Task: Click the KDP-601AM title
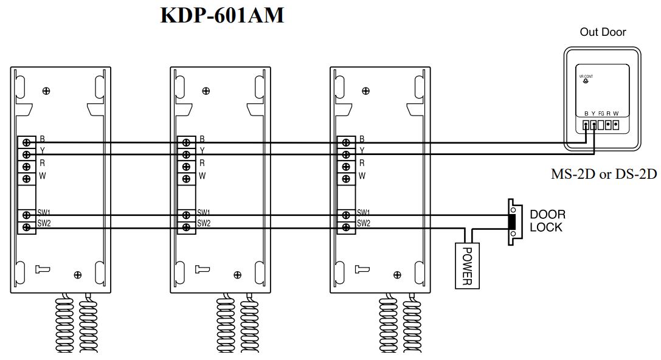click(222, 16)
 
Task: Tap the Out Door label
click(603, 32)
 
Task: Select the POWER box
click(467, 265)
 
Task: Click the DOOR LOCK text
click(547, 221)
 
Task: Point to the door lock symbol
click(514, 222)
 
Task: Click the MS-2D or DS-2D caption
click(604, 175)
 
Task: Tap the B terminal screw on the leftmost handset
click(26, 142)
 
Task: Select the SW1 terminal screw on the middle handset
click(186, 215)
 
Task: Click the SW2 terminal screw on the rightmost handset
click(346, 227)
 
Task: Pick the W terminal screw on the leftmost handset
click(26, 179)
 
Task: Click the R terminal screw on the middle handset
click(186, 167)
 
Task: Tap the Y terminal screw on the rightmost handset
click(346, 154)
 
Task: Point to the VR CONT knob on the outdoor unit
click(586, 81)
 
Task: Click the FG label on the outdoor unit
click(601, 114)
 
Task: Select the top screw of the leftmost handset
click(46, 91)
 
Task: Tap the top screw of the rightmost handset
click(365, 91)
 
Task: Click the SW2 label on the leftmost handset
click(43, 223)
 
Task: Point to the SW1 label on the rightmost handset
click(364, 212)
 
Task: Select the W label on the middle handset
click(202, 176)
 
